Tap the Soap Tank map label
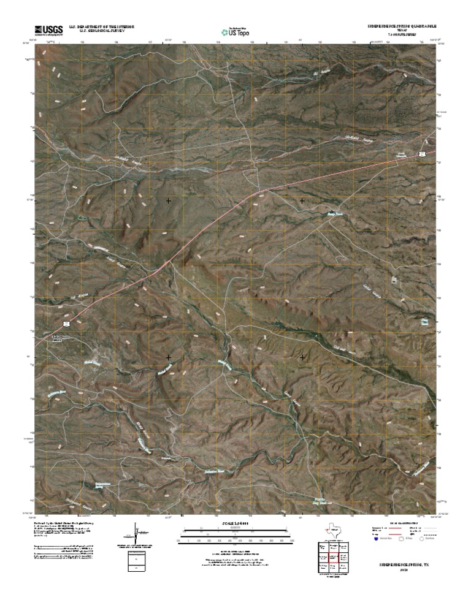(x=333, y=215)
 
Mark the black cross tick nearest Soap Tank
(x=302, y=200)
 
